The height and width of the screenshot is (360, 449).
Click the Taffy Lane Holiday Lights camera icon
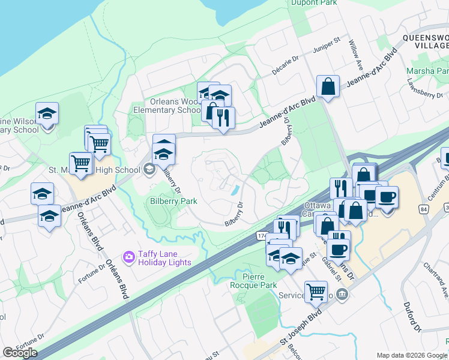128,257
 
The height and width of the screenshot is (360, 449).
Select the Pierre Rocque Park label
260,280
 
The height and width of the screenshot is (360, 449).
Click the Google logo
20,353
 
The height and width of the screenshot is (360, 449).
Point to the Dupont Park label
314,3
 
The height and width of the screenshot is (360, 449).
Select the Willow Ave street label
355,53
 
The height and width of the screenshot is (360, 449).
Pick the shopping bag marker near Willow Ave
328,86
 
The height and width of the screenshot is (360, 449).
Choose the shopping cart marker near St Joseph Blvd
315,291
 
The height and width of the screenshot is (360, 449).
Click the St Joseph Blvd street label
301,329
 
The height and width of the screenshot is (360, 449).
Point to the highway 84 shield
424,208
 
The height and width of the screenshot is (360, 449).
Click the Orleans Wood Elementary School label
167,106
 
